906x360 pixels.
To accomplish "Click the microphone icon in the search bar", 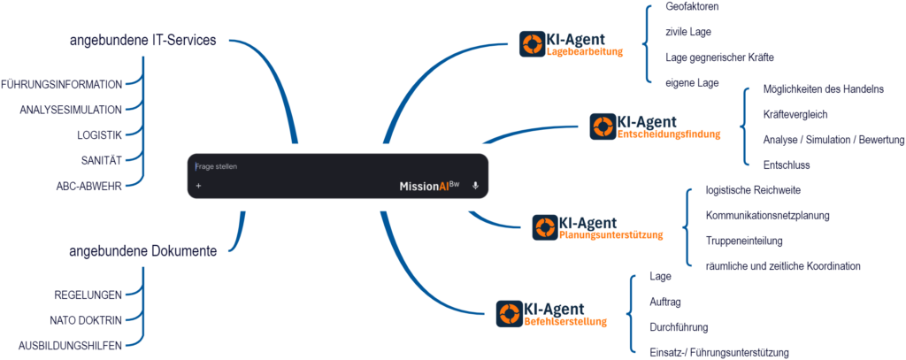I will coord(475,186).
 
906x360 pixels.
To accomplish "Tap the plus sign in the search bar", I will coord(199,186).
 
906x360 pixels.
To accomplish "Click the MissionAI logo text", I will coord(429,186).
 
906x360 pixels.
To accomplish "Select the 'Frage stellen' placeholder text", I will coord(218,166).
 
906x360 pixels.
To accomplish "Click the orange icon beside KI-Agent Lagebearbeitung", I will coord(532,44).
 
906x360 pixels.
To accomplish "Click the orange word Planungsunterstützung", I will coord(610,235).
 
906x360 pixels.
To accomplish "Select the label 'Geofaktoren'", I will coord(692,7).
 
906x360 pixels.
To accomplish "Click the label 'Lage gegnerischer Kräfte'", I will coord(719,57).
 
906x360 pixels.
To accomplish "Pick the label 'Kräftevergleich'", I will coord(795,114).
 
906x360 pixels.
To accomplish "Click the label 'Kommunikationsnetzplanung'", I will coord(767,215).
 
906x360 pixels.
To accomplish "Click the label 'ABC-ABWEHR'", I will coord(88,185).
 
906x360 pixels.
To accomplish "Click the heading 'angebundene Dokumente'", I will coord(142,252).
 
